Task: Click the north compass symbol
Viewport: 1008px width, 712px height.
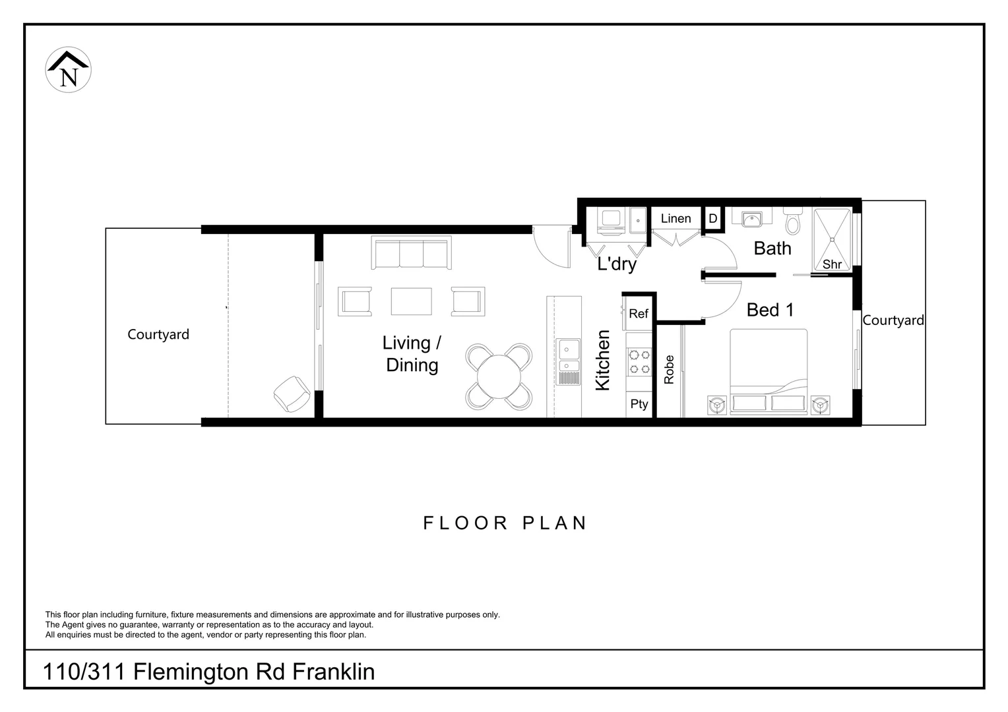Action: point(69,70)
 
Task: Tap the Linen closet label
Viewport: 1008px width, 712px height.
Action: point(676,219)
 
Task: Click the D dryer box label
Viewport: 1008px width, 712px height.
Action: point(713,219)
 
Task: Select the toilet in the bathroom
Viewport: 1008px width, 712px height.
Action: point(792,221)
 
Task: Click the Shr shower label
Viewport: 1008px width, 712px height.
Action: point(832,264)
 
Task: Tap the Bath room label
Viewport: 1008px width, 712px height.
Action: point(772,249)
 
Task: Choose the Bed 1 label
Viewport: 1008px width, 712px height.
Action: point(770,310)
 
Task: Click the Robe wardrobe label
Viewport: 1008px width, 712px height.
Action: point(669,370)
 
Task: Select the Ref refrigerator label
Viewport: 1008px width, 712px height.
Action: point(639,314)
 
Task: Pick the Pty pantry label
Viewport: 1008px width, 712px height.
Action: point(639,404)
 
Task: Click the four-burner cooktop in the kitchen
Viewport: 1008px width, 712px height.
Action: point(639,362)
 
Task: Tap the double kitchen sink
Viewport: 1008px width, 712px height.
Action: point(568,362)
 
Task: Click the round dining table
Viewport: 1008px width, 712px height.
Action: point(499,377)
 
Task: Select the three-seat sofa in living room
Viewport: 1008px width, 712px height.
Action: point(411,252)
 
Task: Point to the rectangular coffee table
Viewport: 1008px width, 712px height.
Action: point(411,301)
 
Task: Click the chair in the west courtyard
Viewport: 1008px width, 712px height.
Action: point(292,394)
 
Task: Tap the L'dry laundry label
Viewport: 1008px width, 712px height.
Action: point(617,264)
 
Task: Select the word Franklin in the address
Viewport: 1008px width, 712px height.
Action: point(333,672)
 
